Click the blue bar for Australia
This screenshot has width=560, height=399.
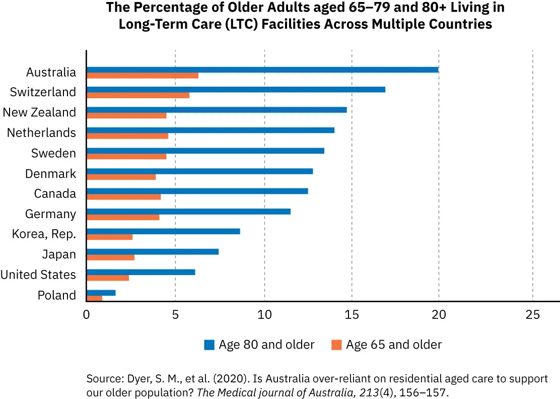(x=262, y=70)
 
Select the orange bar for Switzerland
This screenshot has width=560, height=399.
(x=138, y=95)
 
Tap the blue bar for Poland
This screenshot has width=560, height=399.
(x=101, y=293)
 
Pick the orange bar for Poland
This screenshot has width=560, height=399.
(x=94, y=298)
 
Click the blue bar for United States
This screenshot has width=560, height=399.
(x=141, y=272)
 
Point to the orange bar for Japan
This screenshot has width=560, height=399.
(x=111, y=257)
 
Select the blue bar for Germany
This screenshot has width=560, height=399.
(x=188, y=211)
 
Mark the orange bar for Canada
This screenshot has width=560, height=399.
(x=124, y=196)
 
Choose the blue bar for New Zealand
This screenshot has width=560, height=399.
(x=217, y=110)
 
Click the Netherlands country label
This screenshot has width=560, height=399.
(x=41, y=133)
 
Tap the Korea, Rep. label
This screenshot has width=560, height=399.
(x=44, y=234)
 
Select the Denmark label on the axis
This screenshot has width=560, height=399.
(x=50, y=174)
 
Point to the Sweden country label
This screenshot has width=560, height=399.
(x=53, y=153)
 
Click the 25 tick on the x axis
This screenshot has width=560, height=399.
(x=532, y=315)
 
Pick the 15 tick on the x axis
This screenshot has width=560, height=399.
(x=352, y=315)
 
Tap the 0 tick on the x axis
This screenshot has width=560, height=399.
(x=87, y=315)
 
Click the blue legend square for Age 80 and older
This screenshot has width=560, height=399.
(x=209, y=345)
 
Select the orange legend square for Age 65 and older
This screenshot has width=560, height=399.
(x=336, y=345)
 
